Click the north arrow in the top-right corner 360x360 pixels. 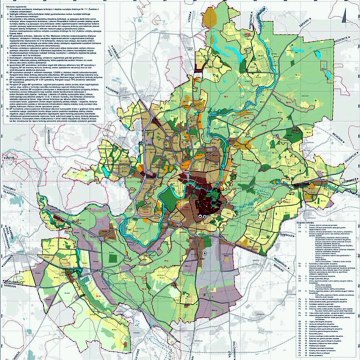pos(347,12)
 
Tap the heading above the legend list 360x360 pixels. pos(319,213)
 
